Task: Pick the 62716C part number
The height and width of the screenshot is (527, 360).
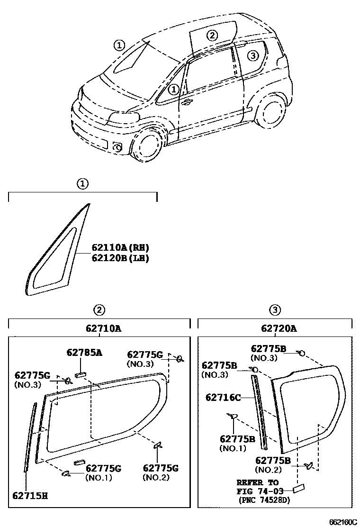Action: tap(223, 397)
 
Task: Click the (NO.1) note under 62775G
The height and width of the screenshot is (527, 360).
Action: tap(99, 477)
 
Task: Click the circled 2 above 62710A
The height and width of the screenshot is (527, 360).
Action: tap(99, 310)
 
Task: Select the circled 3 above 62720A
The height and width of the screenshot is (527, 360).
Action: tap(275, 310)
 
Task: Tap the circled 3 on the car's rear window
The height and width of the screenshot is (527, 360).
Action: tap(253, 55)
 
